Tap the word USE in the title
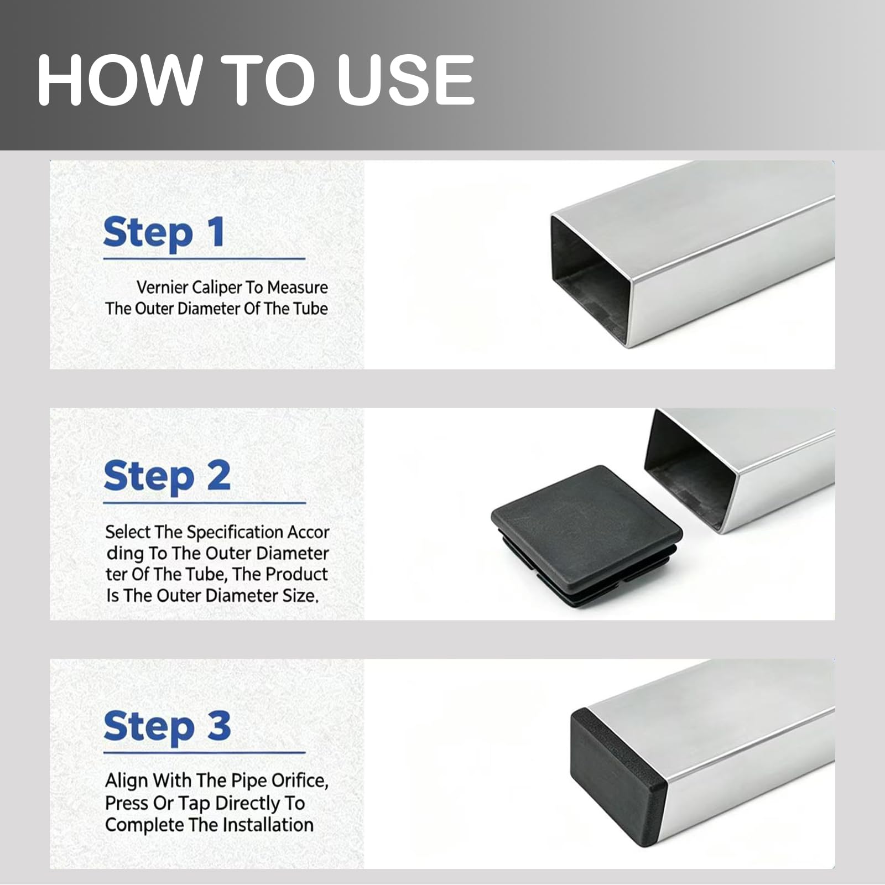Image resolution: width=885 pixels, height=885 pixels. [x=406, y=80]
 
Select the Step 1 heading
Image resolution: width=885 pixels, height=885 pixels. [x=164, y=232]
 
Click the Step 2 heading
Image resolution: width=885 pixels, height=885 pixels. [x=166, y=477]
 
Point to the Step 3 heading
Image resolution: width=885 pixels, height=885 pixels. [x=166, y=726]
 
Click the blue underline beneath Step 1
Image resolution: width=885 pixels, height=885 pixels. [x=204, y=258]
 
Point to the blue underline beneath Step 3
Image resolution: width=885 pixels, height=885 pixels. [x=204, y=752]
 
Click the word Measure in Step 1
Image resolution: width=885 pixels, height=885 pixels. [x=298, y=287]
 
